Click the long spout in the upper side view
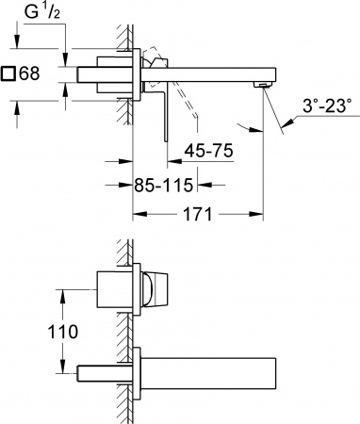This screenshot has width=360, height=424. tap(217, 74)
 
